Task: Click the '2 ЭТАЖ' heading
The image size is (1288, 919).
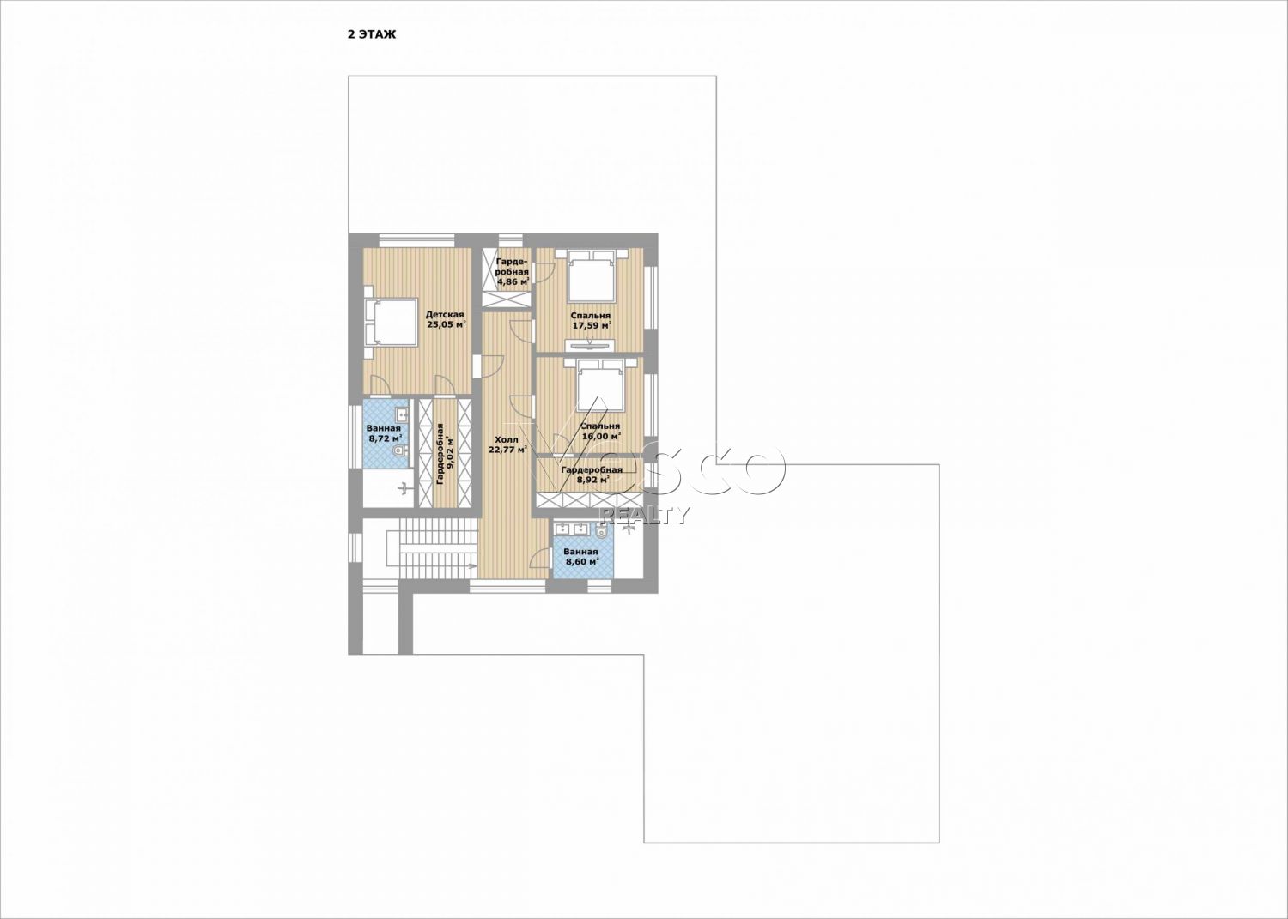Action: [371, 34]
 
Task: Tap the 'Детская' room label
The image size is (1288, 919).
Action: [445, 314]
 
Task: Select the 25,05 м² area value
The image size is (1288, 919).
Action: [446, 324]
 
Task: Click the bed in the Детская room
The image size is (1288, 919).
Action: [391, 322]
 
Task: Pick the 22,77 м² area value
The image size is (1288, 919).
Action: [507, 450]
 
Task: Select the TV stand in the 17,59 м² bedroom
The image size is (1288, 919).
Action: [591, 345]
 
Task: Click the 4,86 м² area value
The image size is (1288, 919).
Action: [513, 281]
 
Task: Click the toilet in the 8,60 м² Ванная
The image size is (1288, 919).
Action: [601, 532]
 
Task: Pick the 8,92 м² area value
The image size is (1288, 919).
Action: [592, 480]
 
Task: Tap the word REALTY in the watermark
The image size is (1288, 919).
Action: [644, 516]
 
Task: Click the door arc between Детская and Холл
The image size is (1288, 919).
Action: [493, 366]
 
